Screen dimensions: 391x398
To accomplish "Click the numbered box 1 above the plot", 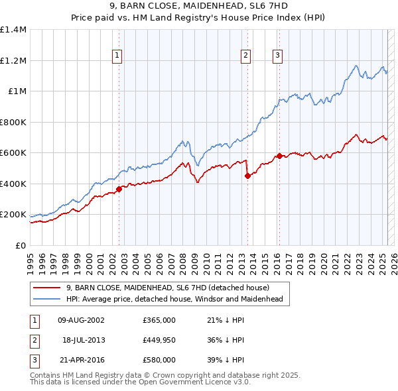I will click(x=117, y=56).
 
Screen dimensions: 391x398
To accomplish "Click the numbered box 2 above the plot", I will click(x=245, y=56).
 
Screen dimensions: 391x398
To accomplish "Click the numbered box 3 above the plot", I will click(x=277, y=56).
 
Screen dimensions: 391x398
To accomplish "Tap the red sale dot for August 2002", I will click(x=119, y=189).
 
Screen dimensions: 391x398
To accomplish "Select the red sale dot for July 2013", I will click(x=247, y=176).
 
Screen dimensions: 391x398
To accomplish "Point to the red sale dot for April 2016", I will click(x=280, y=156).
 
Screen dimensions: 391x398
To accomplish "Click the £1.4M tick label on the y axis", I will click(x=13, y=30).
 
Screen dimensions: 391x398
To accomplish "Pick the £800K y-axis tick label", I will click(x=13, y=122).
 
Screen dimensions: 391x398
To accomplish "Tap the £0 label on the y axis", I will click(x=21, y=246).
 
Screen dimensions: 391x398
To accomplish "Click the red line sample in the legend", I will click(x=46, y=288).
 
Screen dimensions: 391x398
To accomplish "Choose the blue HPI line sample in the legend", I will click(x=46, y=300).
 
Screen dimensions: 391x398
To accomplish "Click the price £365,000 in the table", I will click(x=159, y=320).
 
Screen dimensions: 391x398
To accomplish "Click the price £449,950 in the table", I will click(x=159, y=340).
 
